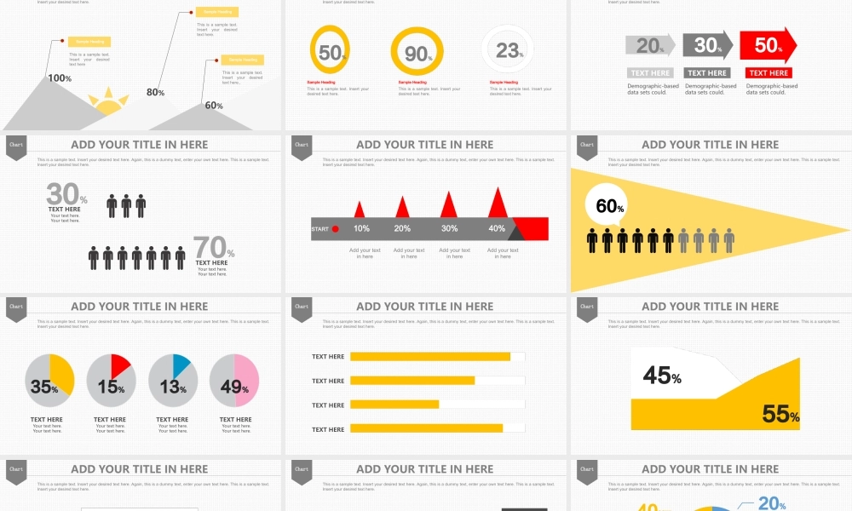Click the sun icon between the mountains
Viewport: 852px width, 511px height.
tap(108, 102)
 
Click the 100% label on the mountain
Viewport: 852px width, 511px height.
tap(60, 78)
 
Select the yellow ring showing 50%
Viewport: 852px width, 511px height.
tap(330, 50)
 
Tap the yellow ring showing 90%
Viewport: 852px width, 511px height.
tap(417, 53)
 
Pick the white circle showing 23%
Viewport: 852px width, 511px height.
tap(508, 50)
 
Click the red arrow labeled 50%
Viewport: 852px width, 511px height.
tap(768, 45)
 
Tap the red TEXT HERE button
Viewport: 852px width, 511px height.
tap(769, 73)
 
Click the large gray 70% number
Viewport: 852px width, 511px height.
tap(213, 248)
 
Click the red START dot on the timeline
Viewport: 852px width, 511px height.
tap(335, 229)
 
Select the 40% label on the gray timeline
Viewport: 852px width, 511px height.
tap(496, 228)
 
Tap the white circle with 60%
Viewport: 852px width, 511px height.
tap(610, 206)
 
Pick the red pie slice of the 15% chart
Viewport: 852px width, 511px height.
tap(119, 366)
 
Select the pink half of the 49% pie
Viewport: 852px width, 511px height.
tap(247, 380)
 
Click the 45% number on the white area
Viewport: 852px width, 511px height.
tap(662, 375)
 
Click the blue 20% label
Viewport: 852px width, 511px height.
tap(771, 503)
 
